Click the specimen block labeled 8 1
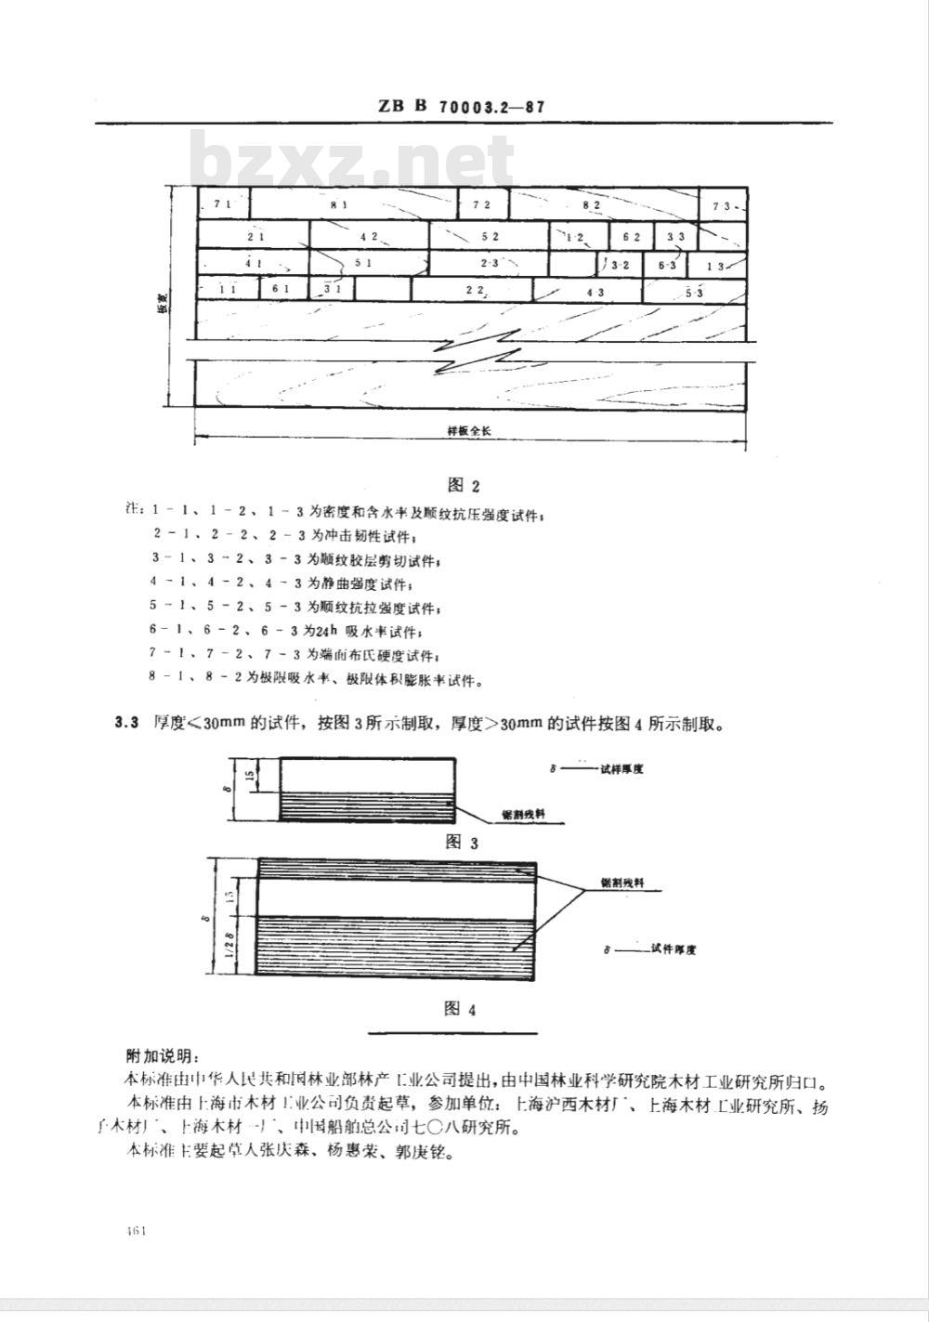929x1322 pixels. coord(354,203)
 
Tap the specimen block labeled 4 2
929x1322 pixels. coord(369,236)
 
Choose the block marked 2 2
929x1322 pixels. coord(476,291)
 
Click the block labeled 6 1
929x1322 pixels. coord(281,290)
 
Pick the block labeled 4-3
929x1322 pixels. coord(595,292)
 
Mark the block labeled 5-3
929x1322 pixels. coord(695,293)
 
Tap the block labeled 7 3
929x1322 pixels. coord(724,204)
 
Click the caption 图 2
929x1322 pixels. coord(463,485)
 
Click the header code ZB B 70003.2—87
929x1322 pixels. coord(461,107)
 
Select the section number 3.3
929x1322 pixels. coord(126,723)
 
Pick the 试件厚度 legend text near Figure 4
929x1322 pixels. coord(674,949)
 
